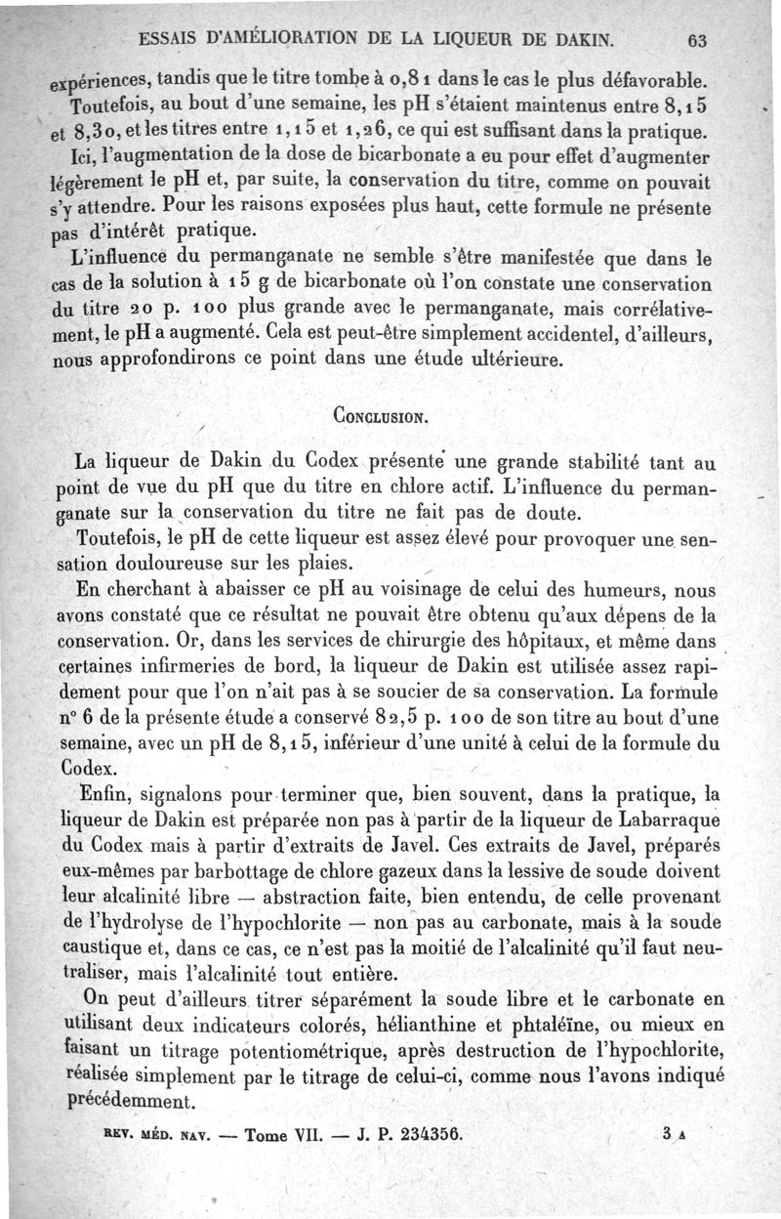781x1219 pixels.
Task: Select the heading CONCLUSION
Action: coord(377,414)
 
